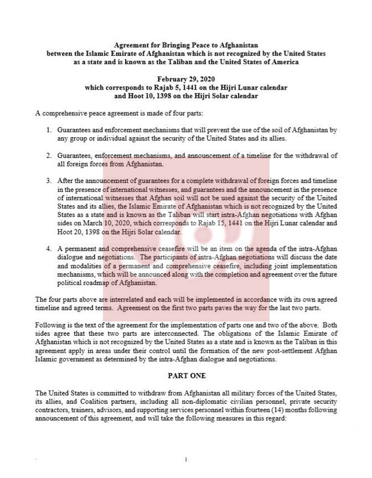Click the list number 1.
point(49,130)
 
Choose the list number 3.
point(49,181)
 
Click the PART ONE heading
point(186,375)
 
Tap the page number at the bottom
point(186,459)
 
